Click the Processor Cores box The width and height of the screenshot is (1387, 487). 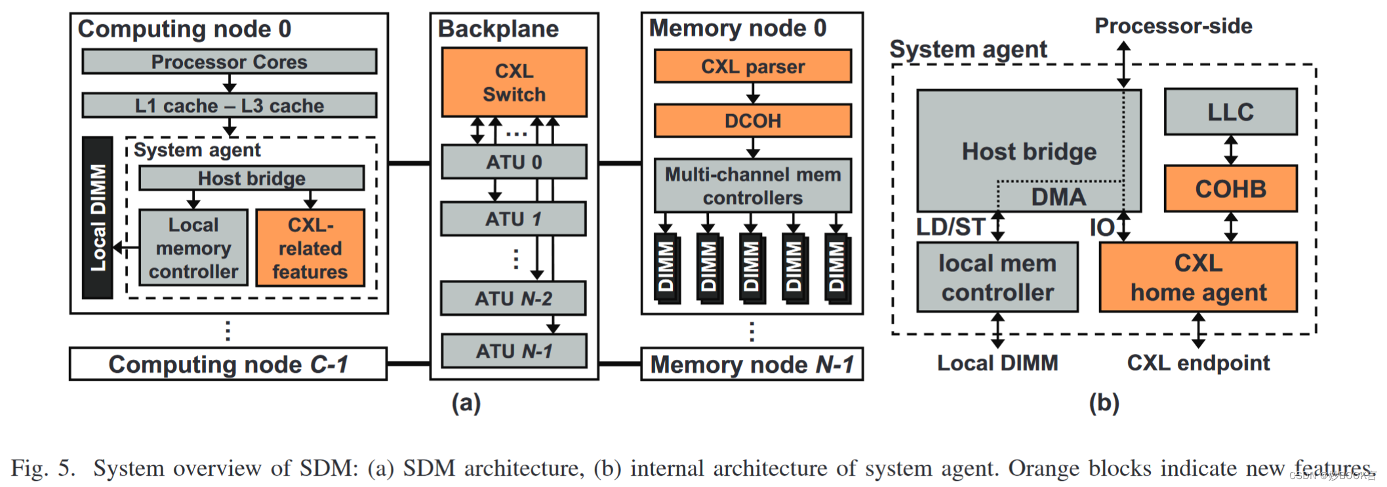pos(229,62)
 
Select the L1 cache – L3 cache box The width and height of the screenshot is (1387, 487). pos(229,106)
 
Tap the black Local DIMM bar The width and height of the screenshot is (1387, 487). pos(98,218)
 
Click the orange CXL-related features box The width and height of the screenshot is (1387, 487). pos(310,248)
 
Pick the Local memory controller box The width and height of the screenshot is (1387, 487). pos(193,248)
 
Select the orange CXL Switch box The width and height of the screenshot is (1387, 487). pos(514,83)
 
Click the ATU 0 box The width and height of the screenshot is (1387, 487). pos(513,162)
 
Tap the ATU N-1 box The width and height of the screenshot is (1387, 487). pos(513,351)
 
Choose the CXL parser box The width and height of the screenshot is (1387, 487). pos(753,66)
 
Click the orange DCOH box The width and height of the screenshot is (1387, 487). pos(753,121)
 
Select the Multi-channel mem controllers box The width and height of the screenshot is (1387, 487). pos(753,185)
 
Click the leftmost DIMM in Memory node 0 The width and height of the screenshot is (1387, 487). pos(666,267)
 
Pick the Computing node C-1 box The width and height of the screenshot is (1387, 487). pos(228,364)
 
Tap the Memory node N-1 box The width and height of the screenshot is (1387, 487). pos(752,364)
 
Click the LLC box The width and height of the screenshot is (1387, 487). pos(1230,112)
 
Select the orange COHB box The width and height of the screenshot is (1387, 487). pos(1230,189)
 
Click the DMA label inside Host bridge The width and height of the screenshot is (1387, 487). pos(1058,197)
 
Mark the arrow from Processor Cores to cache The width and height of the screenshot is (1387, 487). pos(229,83)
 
